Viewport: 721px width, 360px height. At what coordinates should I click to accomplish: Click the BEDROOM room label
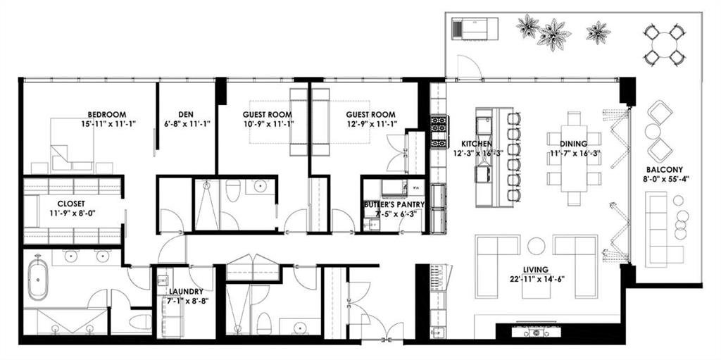[107, 114]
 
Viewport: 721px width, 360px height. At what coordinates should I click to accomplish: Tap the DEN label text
[185, 114]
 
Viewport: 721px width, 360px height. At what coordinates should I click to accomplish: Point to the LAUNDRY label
[186, 292]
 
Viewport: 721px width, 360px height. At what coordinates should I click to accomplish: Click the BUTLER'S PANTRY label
[394, 204]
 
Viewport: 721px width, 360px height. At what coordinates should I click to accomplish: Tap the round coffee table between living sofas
[536, 246]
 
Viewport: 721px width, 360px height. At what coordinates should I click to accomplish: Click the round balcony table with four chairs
[664, 45]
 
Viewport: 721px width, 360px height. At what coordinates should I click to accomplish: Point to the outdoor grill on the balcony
[475, 29]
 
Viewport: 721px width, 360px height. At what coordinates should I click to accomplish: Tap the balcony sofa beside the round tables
[657, 230]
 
